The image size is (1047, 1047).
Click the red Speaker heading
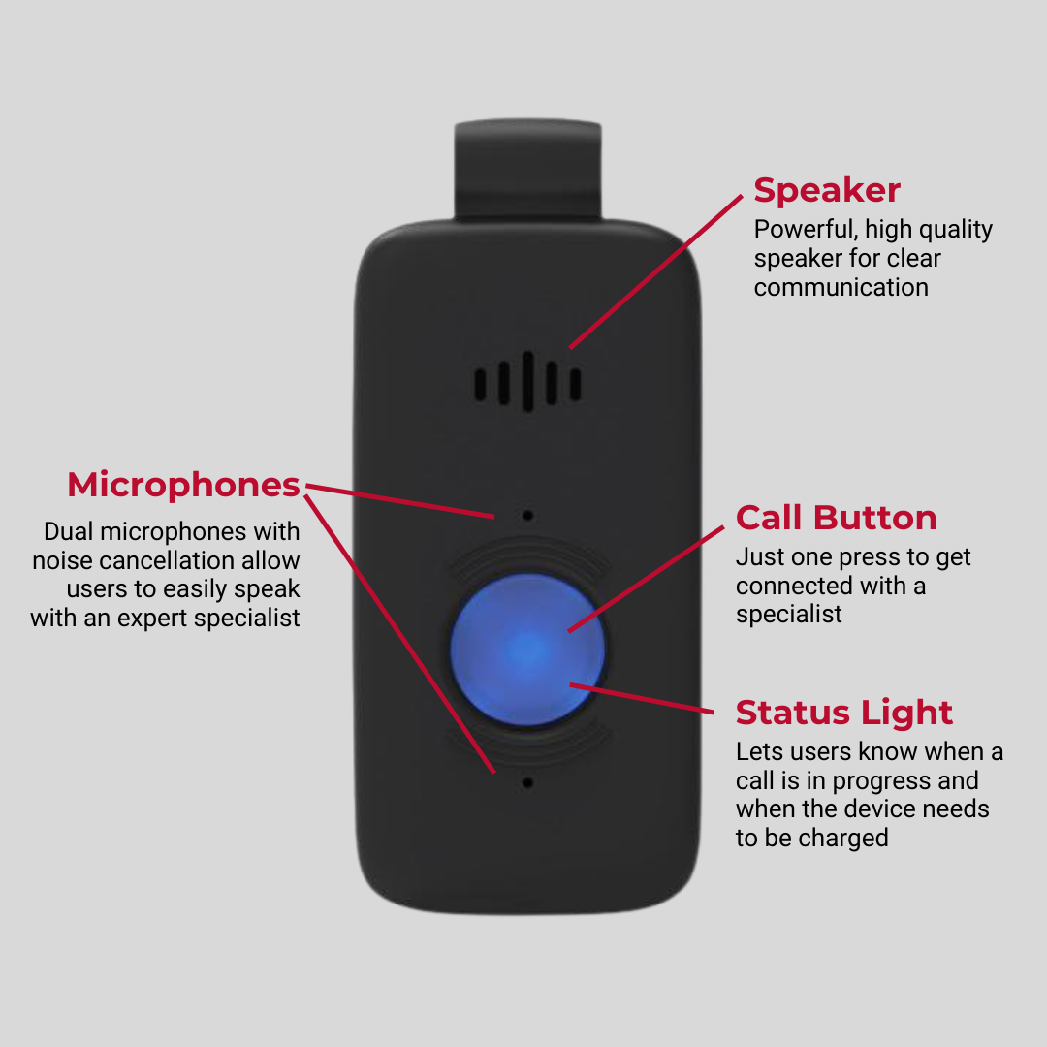pos(827,192)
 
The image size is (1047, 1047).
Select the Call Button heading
pos(836,518)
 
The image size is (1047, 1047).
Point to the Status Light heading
pos(844,714)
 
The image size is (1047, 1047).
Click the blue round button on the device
pos(527,649)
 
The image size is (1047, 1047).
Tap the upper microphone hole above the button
pos(527,516)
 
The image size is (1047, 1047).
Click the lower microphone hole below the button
pos(527,782)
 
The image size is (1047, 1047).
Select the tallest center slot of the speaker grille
pos(527,381)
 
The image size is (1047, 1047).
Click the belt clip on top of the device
pos(527,171)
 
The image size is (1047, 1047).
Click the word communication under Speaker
pos(841,287)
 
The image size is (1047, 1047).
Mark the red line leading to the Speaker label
pos(655,271)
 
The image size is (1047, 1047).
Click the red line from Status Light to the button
pos(642,698)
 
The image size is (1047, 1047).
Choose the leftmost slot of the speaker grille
pos(480,385)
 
